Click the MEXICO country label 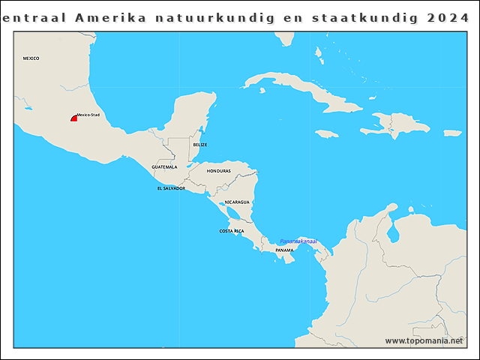pos(31,58)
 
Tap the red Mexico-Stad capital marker pos(74,118)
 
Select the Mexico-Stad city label pos(88,115)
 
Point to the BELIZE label pos(199,144)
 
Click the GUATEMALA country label pos(164,166)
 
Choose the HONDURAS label pos(219,171)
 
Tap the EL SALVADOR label pos(171,188)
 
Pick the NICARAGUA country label pos(238,202)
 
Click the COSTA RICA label pos(231,231)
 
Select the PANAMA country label pos(284,250)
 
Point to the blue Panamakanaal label pos(298,241)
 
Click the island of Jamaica pos(327,133)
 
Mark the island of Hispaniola pos(392,124)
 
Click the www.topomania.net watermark pos(424,341)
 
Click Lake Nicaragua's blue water pos(234,214)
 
